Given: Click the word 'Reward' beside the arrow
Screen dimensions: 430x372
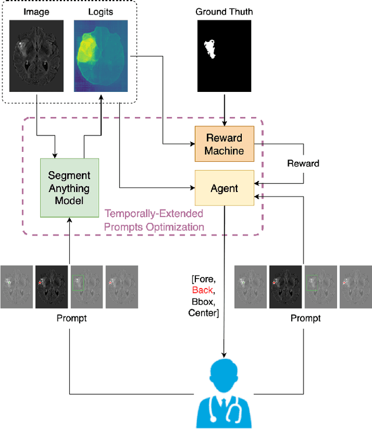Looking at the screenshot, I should coord(303,164).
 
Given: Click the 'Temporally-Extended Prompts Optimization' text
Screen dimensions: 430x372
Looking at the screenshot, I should coord(154,221).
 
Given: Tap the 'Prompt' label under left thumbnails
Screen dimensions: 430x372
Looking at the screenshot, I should coord(69,318).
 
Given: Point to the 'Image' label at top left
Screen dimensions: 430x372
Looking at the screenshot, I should coord(37,11).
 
